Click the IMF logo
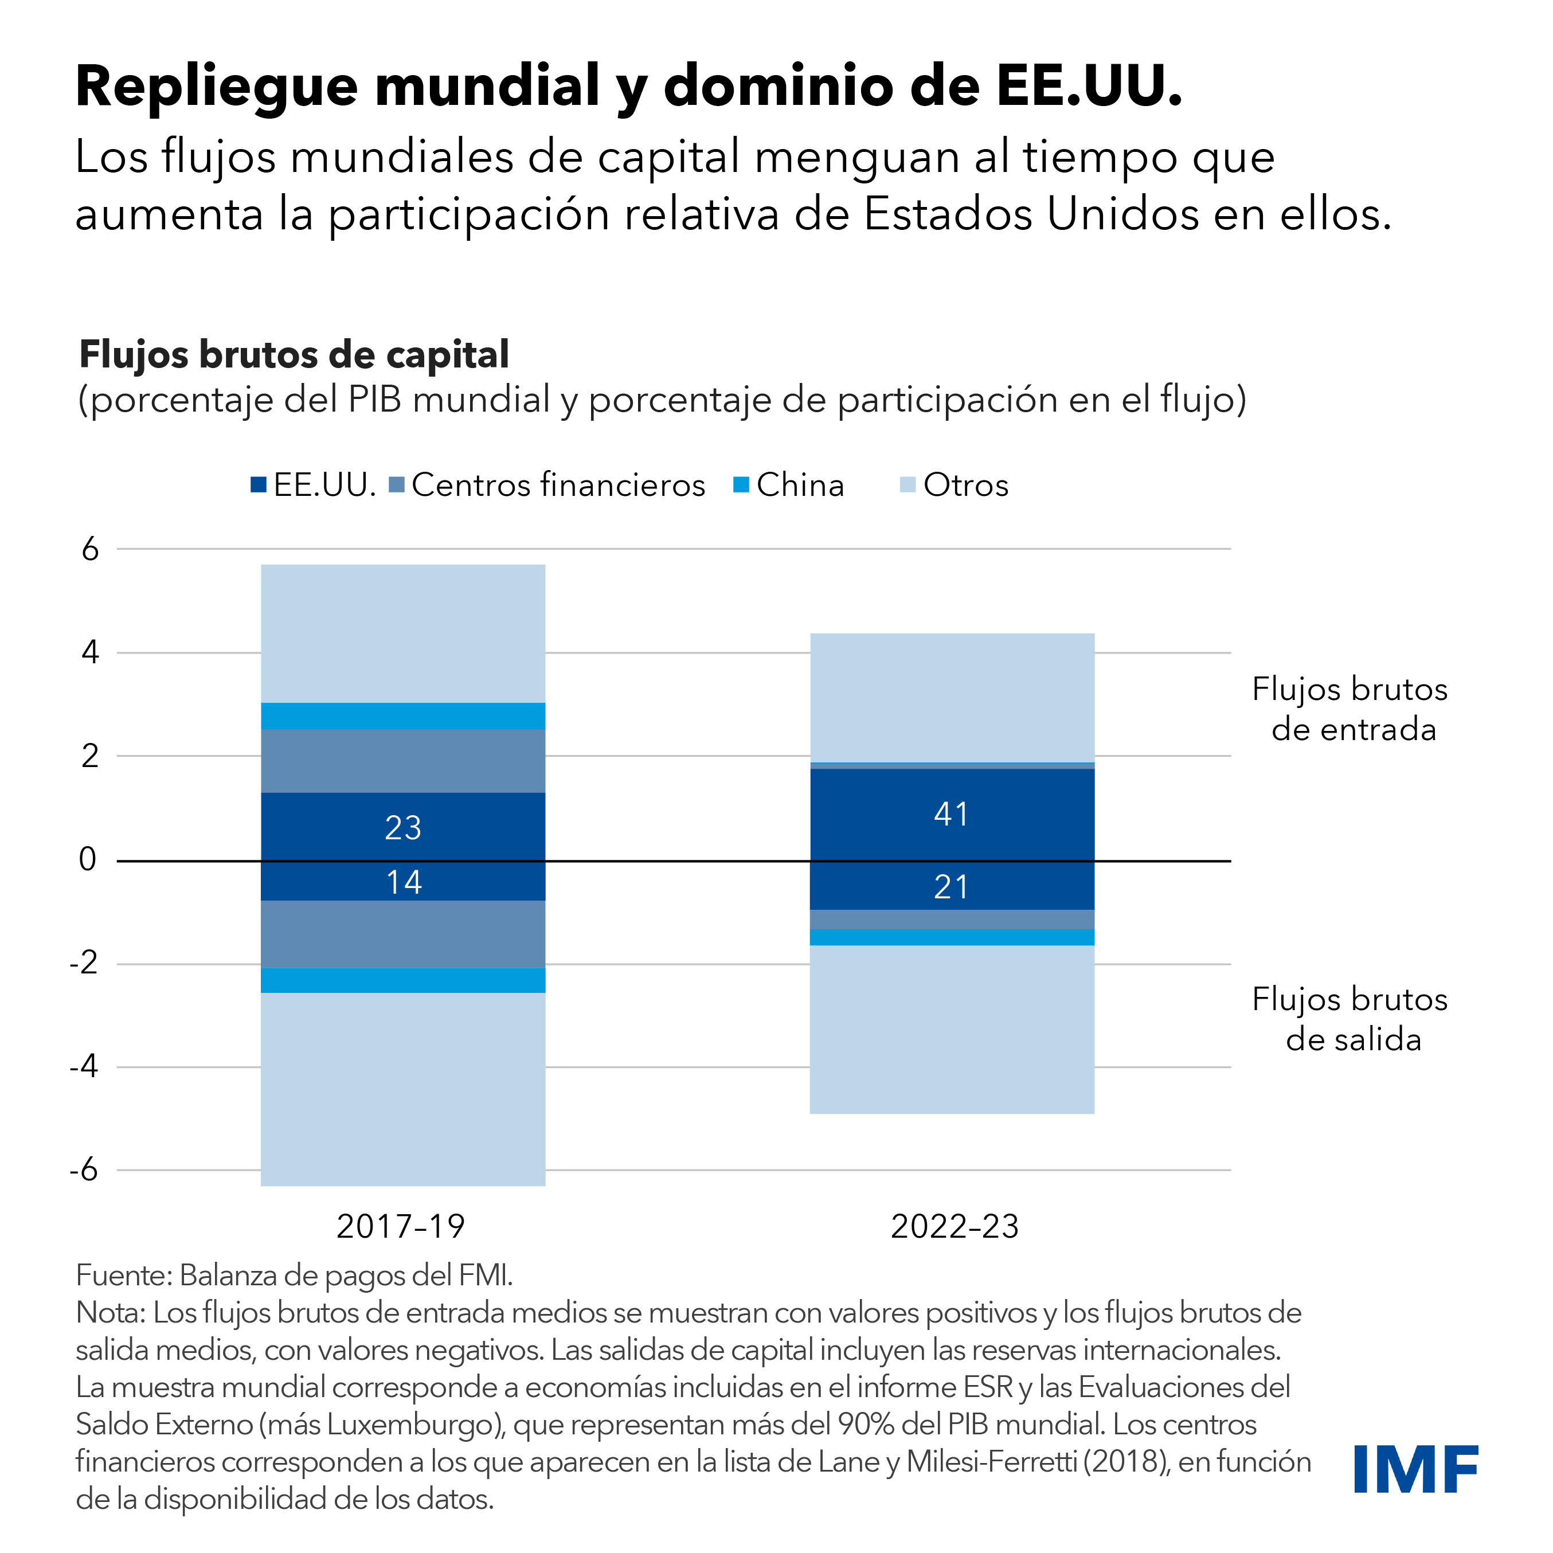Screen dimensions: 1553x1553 (x=1415, y=1469)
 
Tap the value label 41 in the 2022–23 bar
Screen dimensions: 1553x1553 (x=951, y=814)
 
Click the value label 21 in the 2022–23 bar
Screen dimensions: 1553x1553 (x=951, y=887)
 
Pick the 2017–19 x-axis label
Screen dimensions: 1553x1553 (x=400, y=1227)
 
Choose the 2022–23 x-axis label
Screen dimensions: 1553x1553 (x=954, y=1227)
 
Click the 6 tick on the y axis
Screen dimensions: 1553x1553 (x=90, y=550)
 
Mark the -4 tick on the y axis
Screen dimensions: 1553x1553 (x=84, y=1067)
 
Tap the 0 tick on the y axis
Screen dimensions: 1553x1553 (x=88, y=859)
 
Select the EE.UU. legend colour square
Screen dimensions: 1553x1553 (x=258, y=485)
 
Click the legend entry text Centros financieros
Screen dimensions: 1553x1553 (x=558, y=485)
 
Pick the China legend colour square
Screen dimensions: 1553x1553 (x=741, y=485)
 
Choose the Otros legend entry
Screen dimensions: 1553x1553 (x=965, y=485)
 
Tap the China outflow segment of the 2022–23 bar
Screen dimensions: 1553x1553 (x=952, y=937)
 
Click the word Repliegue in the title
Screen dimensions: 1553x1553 (x=216, y=85)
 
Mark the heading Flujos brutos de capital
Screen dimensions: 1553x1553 (x=294, y=354)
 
